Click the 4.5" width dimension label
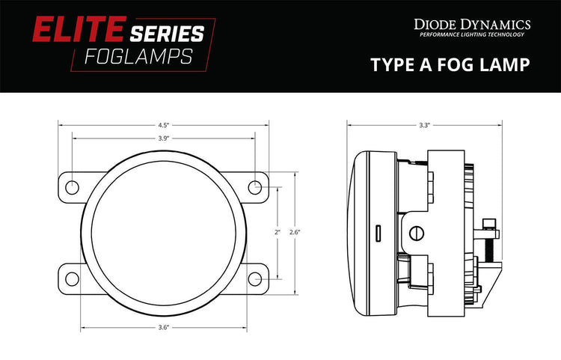(x=164, y=125)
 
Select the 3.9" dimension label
(x=164, y=138)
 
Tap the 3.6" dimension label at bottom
(x=164, y=327)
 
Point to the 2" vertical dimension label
(x=277, y=233)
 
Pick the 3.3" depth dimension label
(x=424, y=125)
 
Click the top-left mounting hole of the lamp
(x=72, y=186)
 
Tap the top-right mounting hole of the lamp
(x=256, y=186)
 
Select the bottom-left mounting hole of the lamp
(x=72, y=279)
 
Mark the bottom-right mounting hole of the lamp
(x=256, y=279)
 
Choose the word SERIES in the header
(x=166, y=33)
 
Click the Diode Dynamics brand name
(x=473, y=25)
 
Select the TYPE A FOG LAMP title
(x=450, y=65)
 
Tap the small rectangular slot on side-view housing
(x=379, y=232)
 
